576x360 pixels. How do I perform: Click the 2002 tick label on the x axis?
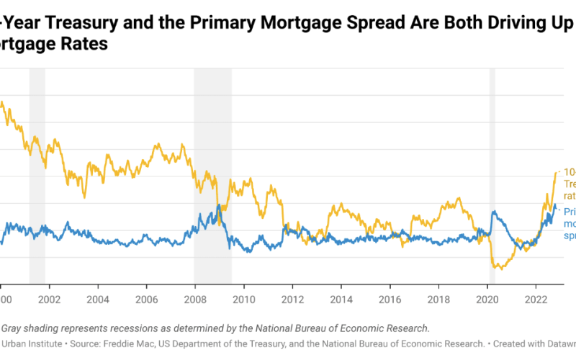[48, 298]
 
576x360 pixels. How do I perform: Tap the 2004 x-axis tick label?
[97, 298]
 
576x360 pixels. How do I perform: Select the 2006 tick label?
[146, 298]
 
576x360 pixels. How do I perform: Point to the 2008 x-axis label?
[194, 298]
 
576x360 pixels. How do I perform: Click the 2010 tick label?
[243, 298]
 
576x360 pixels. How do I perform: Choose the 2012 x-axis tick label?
[292, 298]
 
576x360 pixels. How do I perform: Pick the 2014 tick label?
[341, 298]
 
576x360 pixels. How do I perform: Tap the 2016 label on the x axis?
[390, 298]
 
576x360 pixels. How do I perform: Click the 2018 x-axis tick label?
[438, 298]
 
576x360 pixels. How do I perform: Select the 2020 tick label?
[487, 298]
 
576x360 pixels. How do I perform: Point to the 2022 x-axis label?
[536, 298]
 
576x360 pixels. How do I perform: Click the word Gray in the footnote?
[16, 328]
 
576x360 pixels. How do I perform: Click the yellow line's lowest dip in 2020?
[498, 268]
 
